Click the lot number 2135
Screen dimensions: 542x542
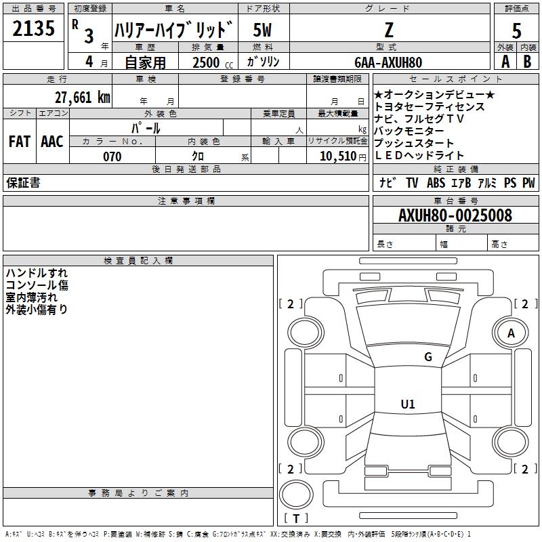pyautogui.click(x=33, y=28)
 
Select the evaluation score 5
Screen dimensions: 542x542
pyautogui.click(x=516, y=30)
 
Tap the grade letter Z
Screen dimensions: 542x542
pyautogui.click(x=389, y=30)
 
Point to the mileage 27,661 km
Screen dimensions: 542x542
pyautogui.click(x=82, y=98)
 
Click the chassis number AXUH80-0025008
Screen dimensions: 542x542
pyautogui.click(x=455, y=215)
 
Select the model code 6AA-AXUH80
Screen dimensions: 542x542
pyautogui.click(x=388, y=62)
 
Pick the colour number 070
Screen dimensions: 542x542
pyautogui.click(x=112, y=157)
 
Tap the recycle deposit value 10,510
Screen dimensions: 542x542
pyautogui.click(x=337, y=157)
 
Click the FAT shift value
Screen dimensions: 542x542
pyautogui.click(x=20, y=142)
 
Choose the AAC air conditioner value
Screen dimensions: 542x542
pyautogui.click(x=52, y=142)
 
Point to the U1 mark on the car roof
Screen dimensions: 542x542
pyautogui.click(x=408, y=404)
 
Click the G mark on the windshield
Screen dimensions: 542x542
pyautogui.click(x=428, y=357)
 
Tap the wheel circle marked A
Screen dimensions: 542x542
pyautogui.click(x=511, y=333)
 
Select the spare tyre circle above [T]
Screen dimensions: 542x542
pyautogui.click(x=296, y=495)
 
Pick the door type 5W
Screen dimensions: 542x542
pyautogui.click(x=262, y=30)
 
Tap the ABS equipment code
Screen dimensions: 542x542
pyautogui.click(x=436, y=183)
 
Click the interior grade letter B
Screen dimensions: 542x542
pyautogui.click(x=527, y=62)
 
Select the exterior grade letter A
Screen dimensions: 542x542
pyautogui.click(x=505, y=62)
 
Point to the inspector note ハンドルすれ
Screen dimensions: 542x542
pyautogui.click(x=37, y=273)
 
